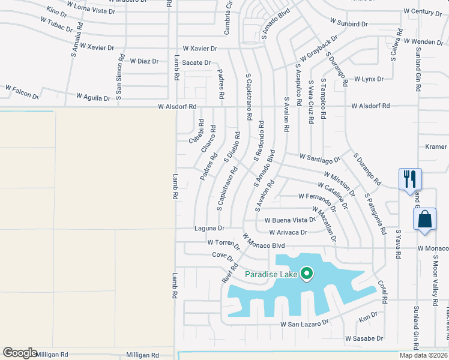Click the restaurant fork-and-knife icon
tap(410, 179)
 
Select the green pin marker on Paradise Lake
tap(307, 274)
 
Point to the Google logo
tap(20, 353)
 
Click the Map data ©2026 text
tap(424, 355)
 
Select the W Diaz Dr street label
tap(144, 61)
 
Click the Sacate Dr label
tap(196, 62)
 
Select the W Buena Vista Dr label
tap(291, 220)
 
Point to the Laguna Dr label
tap(209, 228)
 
